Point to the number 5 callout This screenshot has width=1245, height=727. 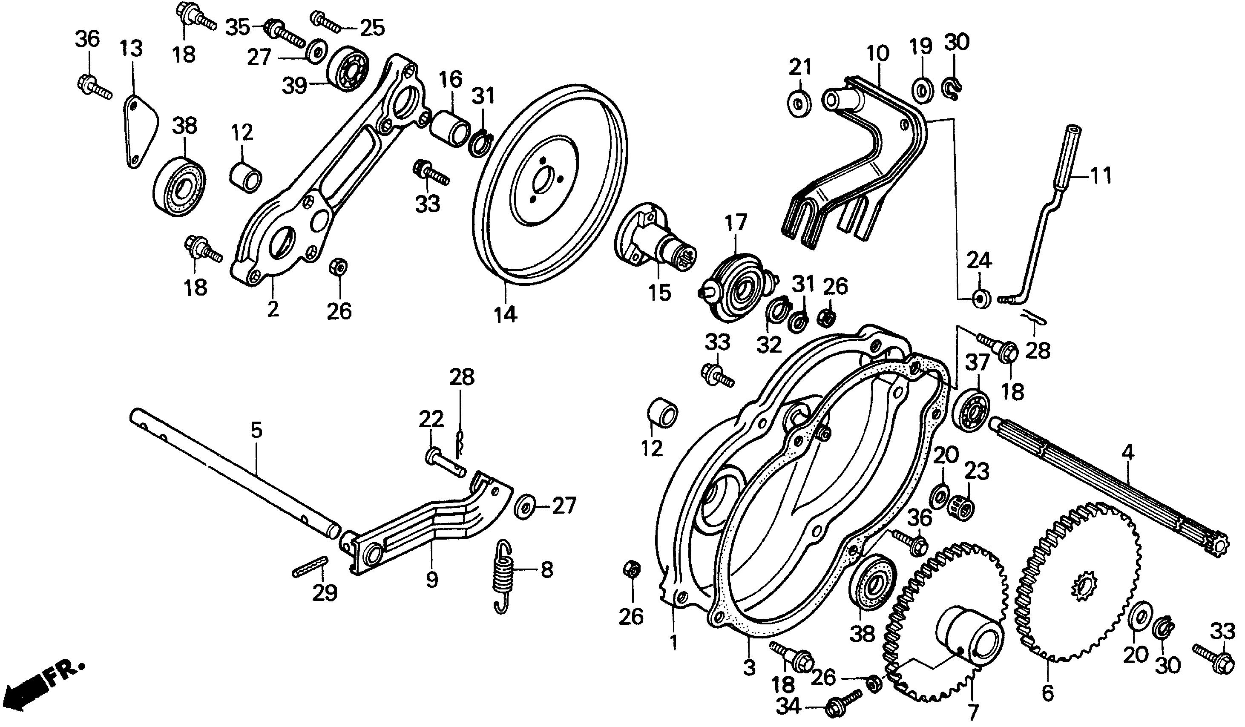(x=256, y=430)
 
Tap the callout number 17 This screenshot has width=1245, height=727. (x=736, y=223)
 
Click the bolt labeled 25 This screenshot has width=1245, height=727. (x=327, y=22)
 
